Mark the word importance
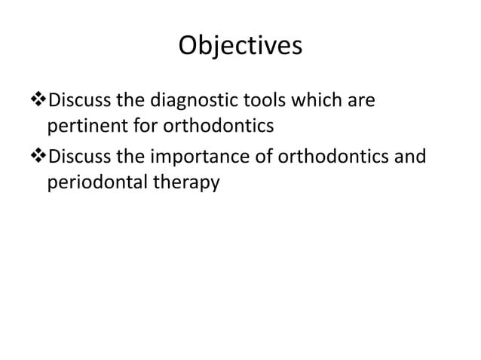205,157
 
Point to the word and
410,157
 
